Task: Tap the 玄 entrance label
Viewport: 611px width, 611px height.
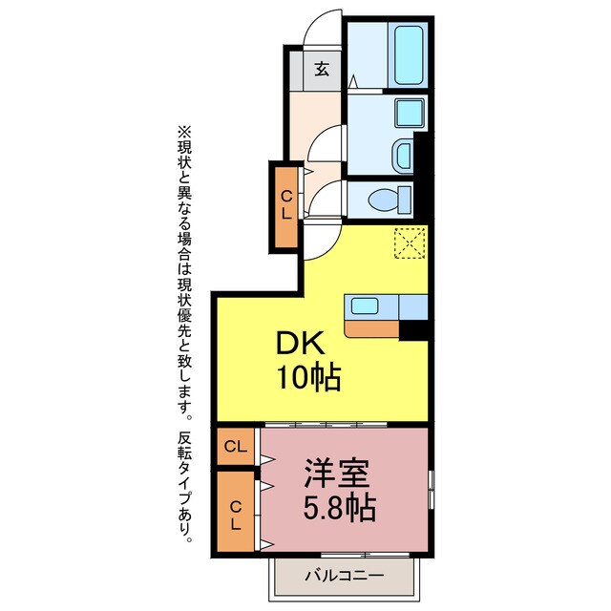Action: (322, 69)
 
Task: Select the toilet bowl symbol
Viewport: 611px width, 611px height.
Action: (389, 201)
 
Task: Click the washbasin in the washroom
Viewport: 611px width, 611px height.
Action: (404, 152)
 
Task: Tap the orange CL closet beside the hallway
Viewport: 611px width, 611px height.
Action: (285, 206)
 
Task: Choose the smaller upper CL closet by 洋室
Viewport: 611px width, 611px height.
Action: (236, 446)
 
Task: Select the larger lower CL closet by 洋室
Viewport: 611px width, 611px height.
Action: (236, 514)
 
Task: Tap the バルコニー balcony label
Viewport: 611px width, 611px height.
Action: (345, 576)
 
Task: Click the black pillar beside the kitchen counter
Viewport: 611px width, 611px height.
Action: (413, 329)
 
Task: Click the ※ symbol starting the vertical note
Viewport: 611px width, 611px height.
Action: (184, 131)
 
